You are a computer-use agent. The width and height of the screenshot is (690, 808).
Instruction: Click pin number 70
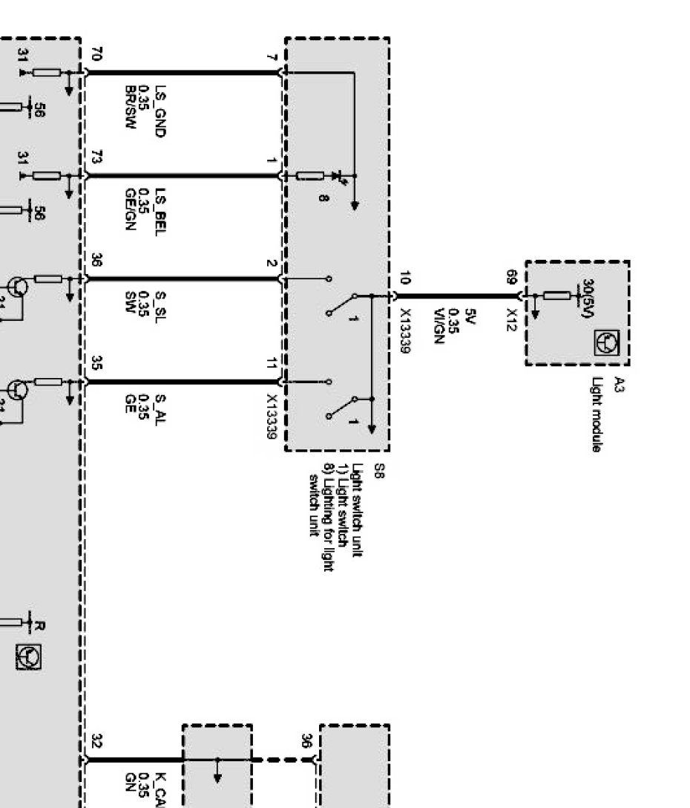click(x=97, y=53)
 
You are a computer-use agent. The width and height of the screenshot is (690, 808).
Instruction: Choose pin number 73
click(x=97, y=157)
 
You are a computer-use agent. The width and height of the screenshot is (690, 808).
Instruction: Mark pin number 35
click(x=97, y=363)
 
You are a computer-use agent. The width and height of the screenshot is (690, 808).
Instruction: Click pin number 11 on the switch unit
click(x=272, y=363)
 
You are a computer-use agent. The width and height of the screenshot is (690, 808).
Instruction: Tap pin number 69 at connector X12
click(x=511, y=277)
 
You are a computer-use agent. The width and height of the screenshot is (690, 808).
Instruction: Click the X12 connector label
click(x=511, y=319)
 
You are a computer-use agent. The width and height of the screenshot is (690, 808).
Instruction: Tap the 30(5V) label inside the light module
click(x=587, y=300)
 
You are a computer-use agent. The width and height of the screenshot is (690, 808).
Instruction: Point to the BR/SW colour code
click(x=130, y=110)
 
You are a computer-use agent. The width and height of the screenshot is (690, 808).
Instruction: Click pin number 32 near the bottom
click(x=97, y=741)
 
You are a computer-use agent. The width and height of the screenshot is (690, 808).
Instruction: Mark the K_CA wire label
click(x=160, y=790)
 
